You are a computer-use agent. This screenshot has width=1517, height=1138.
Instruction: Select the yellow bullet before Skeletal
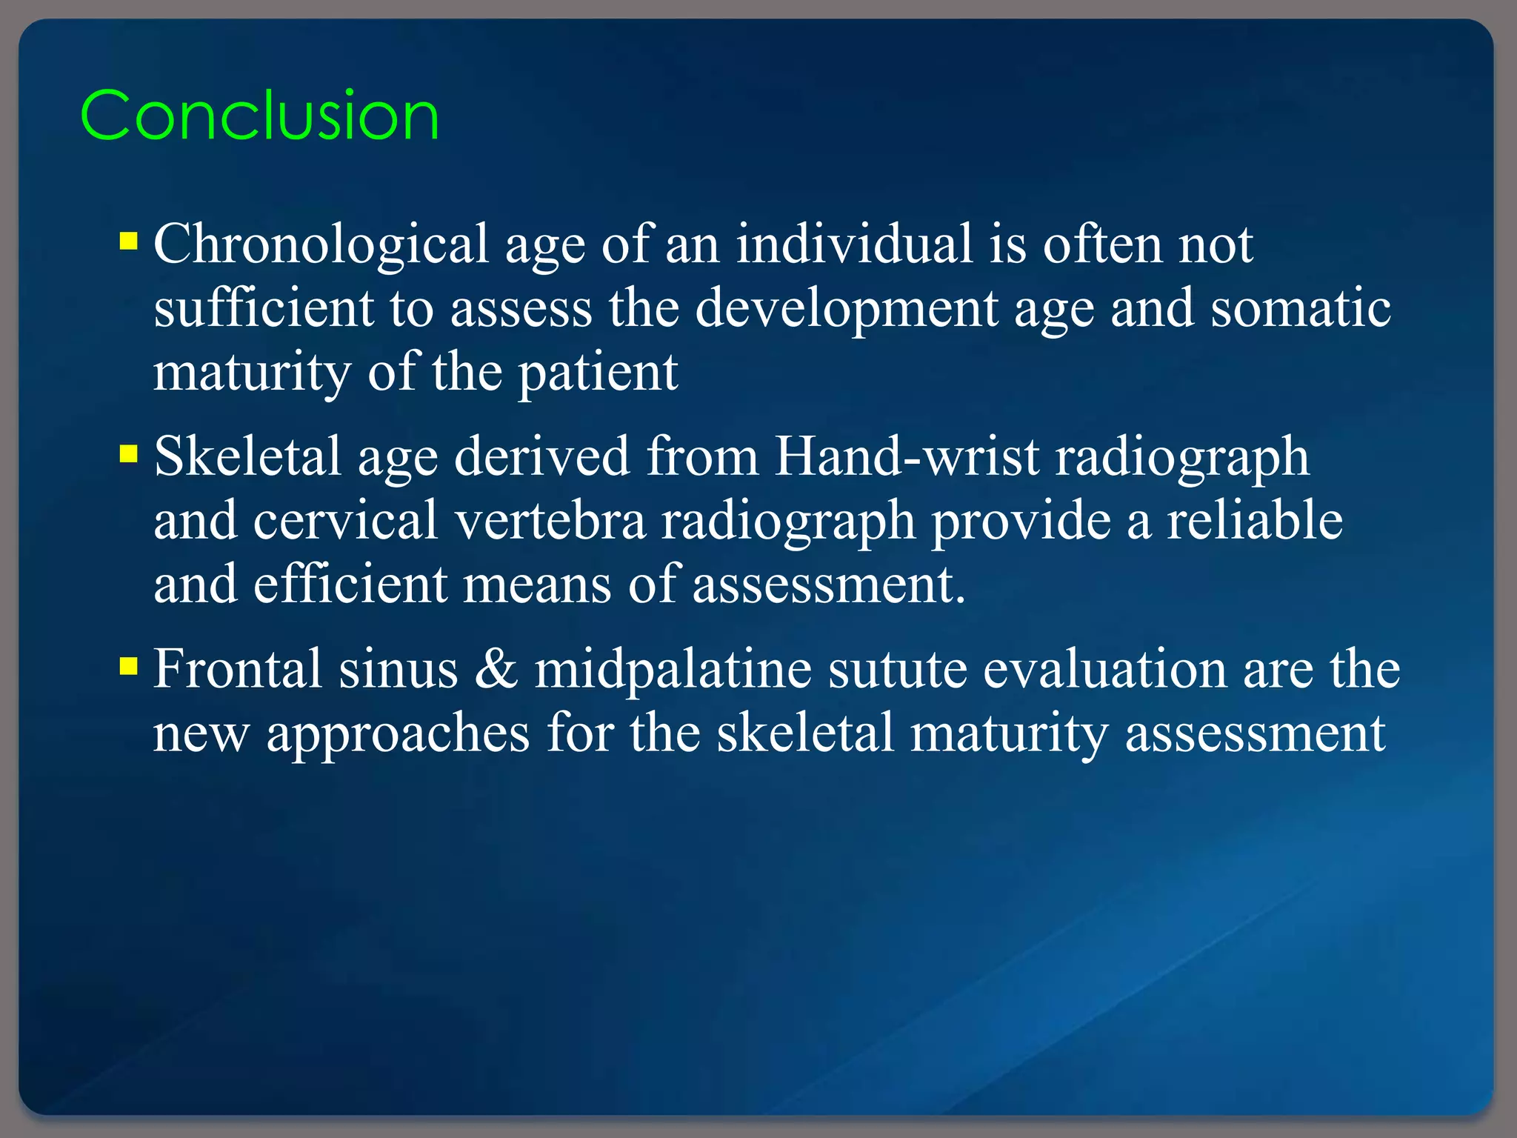tap(129, 453)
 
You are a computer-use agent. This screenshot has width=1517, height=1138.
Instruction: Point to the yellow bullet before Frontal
tap(129, 666)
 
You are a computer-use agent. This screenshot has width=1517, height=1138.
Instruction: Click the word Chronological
tap(321, 244)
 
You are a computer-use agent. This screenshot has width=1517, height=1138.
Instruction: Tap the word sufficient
tap(263, 307)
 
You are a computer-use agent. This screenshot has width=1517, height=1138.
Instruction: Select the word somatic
tap(1300, 307)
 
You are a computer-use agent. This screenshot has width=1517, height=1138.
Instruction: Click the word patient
tap(597, 373)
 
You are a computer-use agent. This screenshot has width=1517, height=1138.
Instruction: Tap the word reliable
tap(1255, 520)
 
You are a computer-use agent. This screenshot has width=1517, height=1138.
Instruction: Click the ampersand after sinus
tap(496, 668)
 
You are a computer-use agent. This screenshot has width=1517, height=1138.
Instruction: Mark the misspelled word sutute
tap(897, 669)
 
